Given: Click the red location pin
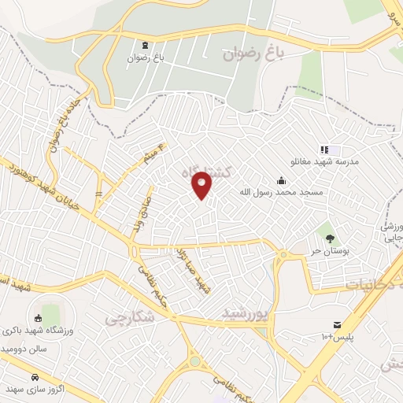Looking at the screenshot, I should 202,184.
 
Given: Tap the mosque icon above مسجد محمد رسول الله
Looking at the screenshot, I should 281,179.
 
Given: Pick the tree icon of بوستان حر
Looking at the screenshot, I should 329,238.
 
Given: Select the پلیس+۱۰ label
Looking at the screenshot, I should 337,337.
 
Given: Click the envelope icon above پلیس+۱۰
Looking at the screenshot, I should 337,325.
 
